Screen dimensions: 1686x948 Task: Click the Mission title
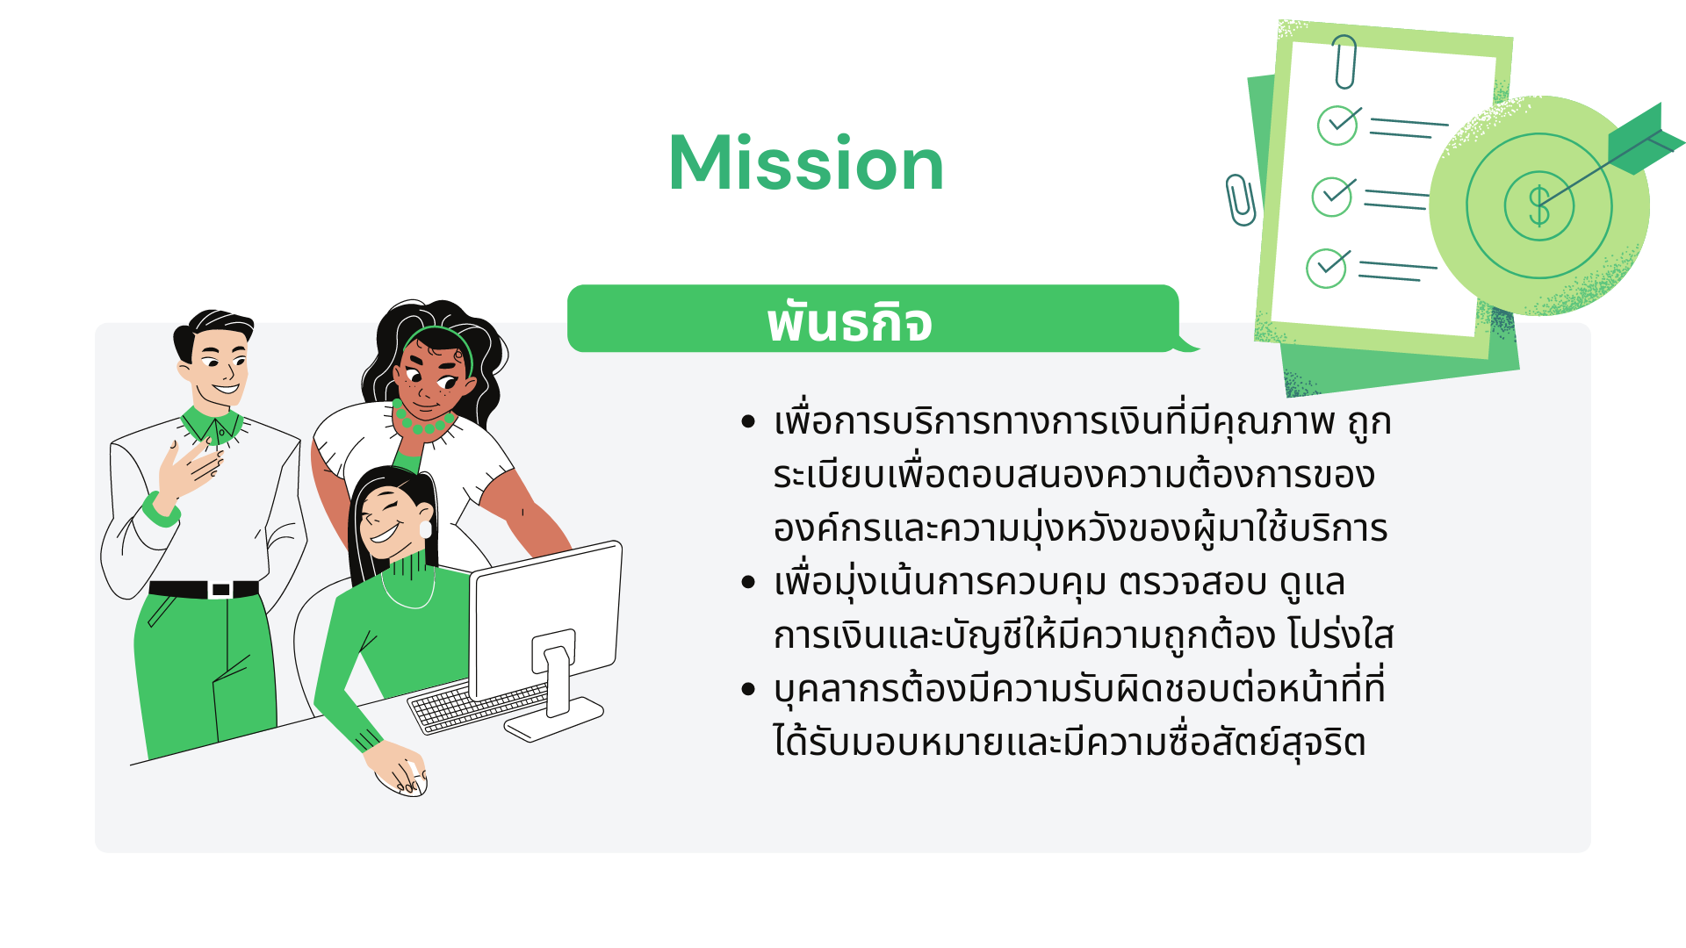pyautogui.click(x=806, y=163)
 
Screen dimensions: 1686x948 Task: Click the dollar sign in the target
pyautogui.click(x=1538, y=206)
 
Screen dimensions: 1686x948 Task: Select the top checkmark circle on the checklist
pyautogui.click(x=1337, y=125)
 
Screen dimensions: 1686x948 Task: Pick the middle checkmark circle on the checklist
pyautogui.click(x=1332, y=197)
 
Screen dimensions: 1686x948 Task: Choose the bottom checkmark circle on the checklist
pyautogui.click(x=1326, y=269)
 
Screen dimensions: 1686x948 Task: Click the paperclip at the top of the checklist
pyautogui.click(x=1344, y=61)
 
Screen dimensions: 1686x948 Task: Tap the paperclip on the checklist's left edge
pyautogui.click(x=1240, y=199)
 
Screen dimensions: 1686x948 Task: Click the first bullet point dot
pyautogui.click(x=748, y=422)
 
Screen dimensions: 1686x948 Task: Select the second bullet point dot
pyautogui.click(x=748, y=582)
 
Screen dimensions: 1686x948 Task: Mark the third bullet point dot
pyautogui.click(x=748, y=689)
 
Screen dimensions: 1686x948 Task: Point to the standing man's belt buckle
pyautogui.click(x=221, y=590)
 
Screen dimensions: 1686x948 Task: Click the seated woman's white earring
pyautogui.click(x=426, y=528)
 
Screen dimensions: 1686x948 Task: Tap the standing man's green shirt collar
pyautogui.click(x=213, y=425)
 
